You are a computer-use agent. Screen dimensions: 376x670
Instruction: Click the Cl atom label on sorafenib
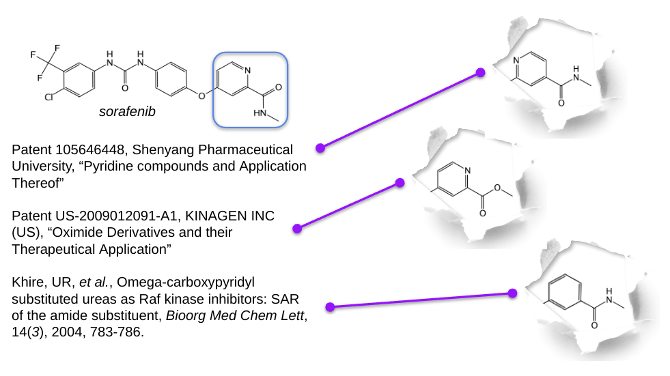pos(49,98)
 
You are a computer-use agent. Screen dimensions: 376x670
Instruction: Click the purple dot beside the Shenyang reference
pos(320,147)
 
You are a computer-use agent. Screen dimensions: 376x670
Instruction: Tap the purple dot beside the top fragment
pos(480,72)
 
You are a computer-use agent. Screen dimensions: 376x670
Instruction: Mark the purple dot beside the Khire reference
pos(330,307)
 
